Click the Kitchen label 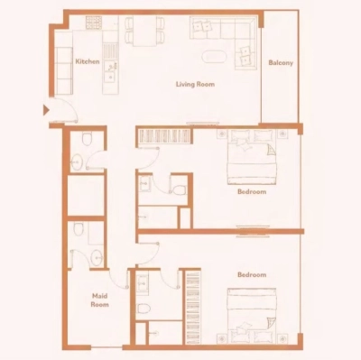(87, 61)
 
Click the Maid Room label (99, 300)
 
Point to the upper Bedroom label (251, 191)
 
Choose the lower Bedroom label (251, 274)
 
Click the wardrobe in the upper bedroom (163, 136)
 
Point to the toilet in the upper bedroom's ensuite (177, 190)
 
